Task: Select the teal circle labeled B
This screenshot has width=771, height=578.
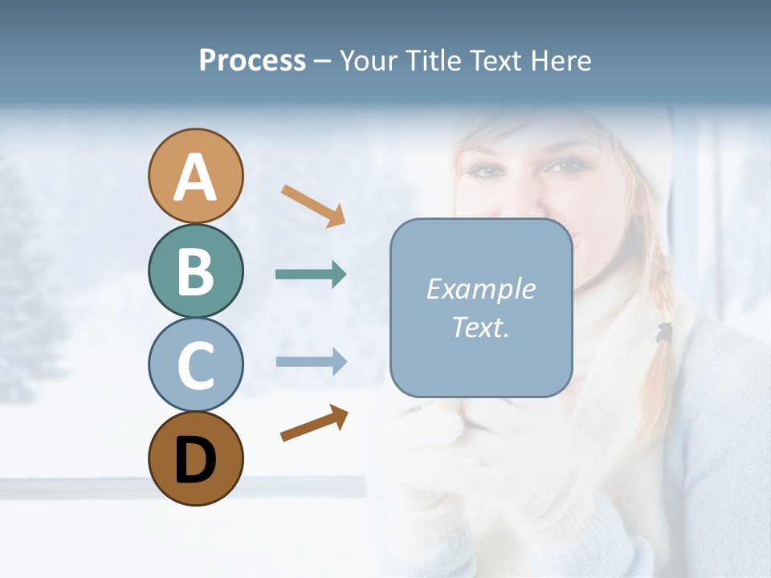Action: (x=195, y=271)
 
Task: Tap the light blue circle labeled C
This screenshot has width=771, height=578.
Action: (x=195, y=364)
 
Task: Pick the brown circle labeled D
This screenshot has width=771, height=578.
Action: (x=195, y=458)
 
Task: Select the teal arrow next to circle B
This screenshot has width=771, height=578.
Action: (x=311, y=275)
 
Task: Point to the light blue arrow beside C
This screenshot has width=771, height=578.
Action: (x=312, y=361)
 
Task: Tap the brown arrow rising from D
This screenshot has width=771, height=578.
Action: (x=314, y=422)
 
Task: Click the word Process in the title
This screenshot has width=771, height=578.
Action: (x=252, y=60)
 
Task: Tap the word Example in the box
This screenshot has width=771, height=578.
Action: (x=481, y=289)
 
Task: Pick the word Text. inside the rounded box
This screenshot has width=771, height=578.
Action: (x=481, y=327)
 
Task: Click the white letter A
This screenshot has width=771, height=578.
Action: (x=195, y=178)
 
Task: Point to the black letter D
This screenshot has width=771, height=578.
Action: (x=195, y=460)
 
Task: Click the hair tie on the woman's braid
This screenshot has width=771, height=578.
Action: (x=663, y=332)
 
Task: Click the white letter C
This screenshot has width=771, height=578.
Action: (x=195, y=366)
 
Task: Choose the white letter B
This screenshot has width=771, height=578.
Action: (x=195, y=272)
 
